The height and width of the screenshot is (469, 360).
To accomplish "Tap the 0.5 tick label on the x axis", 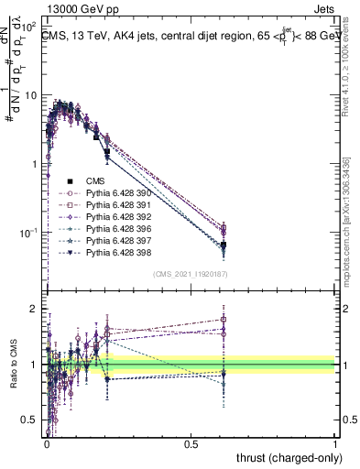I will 191,442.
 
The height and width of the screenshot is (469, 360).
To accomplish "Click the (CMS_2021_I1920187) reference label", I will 191,274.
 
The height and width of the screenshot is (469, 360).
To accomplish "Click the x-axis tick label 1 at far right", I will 336,442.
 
